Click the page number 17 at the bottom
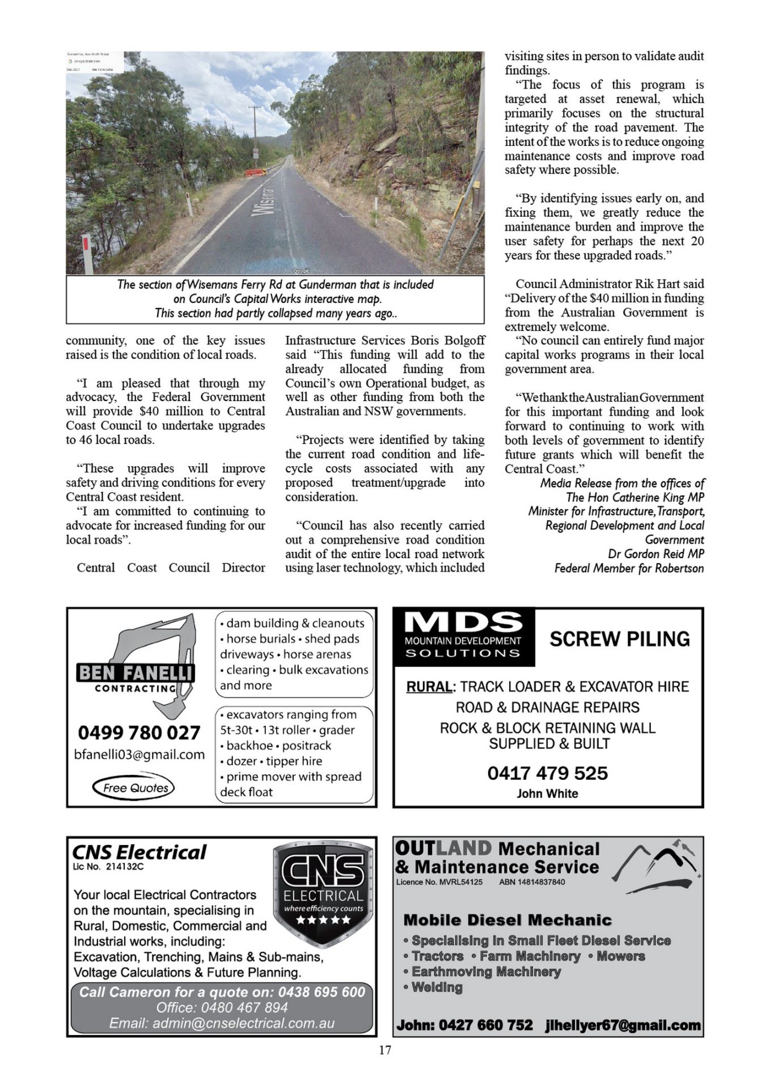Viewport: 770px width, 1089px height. coord(385,1050)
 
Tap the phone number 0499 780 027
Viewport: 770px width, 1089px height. coord(139,732)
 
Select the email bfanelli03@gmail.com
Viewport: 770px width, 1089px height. coord(139,755)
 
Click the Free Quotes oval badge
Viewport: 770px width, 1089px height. coord(134,787)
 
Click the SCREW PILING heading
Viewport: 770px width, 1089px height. coord(619,639)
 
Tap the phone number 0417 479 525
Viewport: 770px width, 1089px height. coord(547,773)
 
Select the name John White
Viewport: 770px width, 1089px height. coord(547,793)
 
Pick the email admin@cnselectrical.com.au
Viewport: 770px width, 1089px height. coord(222,1024)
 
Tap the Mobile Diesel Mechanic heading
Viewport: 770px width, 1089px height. coord(507,919)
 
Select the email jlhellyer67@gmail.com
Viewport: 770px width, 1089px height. coord(623,1025)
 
